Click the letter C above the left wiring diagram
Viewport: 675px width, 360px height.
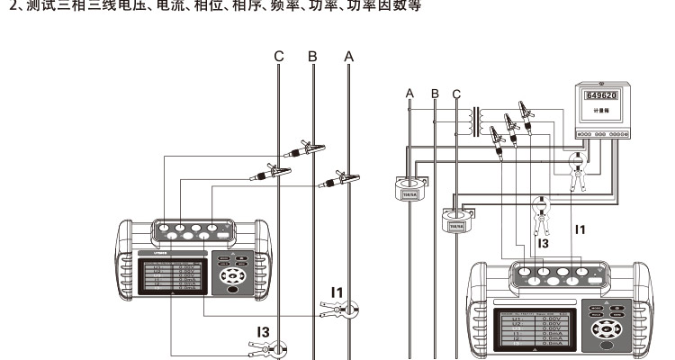click(x=279, y=56)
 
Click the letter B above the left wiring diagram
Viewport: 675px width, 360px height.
click(x=312, y=56)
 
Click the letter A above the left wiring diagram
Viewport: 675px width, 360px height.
click(x=349, y=56)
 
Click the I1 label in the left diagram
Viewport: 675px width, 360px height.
click(x=337, y=291)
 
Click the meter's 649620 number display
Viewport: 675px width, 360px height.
click(x=601, y=94)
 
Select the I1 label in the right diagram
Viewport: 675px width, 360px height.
click(x=580, y=229)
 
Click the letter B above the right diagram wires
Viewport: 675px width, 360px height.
click(x=435, y=93)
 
